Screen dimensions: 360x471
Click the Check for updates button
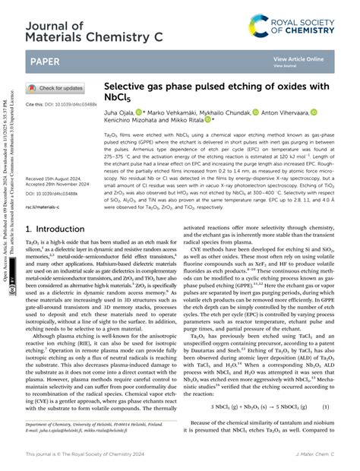(x=55, y=87)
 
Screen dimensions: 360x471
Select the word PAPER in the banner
(x=46, y=61)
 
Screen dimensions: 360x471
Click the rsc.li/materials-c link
(x=45, y=207)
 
